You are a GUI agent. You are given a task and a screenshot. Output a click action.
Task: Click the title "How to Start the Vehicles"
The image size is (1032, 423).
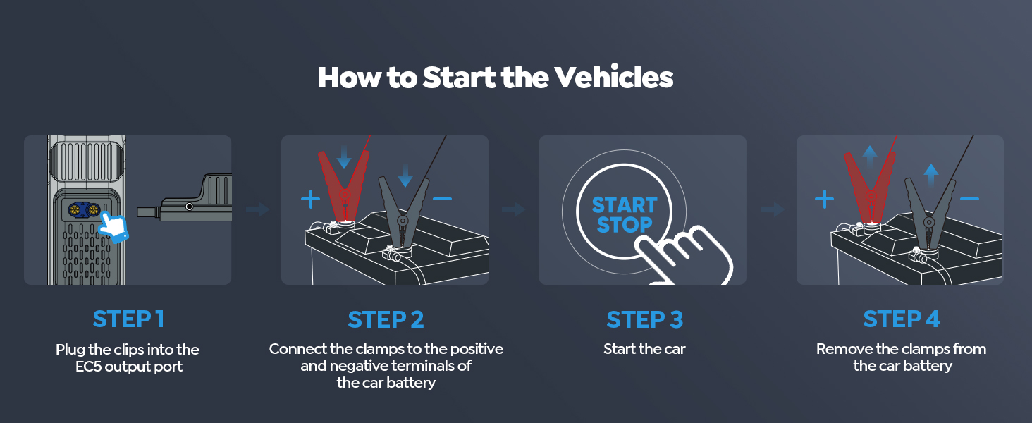click(x=496, y=78)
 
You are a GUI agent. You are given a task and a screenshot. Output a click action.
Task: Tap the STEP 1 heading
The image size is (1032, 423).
click(x=128, y=319)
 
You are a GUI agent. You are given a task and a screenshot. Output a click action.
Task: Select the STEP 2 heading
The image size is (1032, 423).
click(x=386, y=320)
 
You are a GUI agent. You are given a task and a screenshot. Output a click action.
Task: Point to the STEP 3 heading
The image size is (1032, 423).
click(x=644, y=320)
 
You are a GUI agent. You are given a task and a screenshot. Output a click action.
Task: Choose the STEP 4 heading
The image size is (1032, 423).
click(x=902, y=319)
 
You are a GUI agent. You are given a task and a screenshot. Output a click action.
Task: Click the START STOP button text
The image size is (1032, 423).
click(x=624, y=215)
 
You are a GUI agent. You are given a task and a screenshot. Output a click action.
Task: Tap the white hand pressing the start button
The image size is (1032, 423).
click(x=687, y=254)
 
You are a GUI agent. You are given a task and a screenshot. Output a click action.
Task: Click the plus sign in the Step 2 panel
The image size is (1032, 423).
click(x=310, y=200)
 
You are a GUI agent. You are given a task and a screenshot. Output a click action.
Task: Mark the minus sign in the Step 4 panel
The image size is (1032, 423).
click(x=969, y=200)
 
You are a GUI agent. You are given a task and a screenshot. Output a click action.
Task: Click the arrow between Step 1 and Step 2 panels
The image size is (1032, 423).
click(x=257, y=209)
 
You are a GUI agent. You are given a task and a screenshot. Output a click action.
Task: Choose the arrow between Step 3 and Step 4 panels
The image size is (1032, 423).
click(x=772, y=209)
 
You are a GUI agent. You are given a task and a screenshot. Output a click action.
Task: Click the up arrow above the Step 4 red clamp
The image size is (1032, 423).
click(x=870, y=154)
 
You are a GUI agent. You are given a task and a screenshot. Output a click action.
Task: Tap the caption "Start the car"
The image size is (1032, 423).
click(x=644, y=349)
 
